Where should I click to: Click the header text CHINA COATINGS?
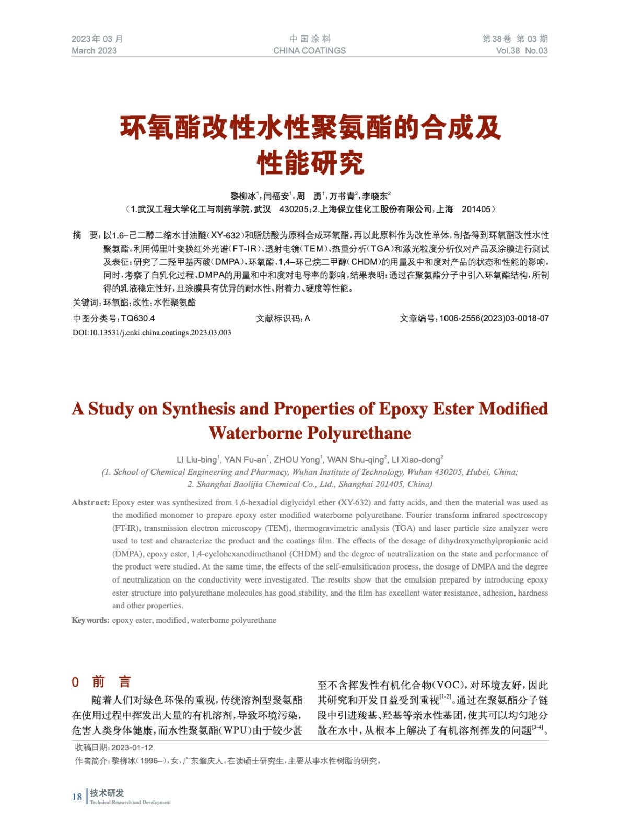[309, 51]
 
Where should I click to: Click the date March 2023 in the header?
[94, 51]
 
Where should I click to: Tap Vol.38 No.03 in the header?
[521, 51]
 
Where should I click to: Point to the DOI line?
[151, 333]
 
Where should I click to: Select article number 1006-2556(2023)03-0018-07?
[494, 318]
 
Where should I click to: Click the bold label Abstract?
[91, 503]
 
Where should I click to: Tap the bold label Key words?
[90, 620]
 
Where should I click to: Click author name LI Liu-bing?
[196, 460]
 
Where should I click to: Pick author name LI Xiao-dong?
[416, 460]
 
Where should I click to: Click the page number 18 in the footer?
[77, 797]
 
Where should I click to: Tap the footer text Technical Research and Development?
[130, 802]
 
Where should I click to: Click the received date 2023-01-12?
[132, 747]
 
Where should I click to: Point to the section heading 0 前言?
[101, 681]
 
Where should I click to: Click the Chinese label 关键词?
[86, 303]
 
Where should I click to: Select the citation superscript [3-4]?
[537, 727]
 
